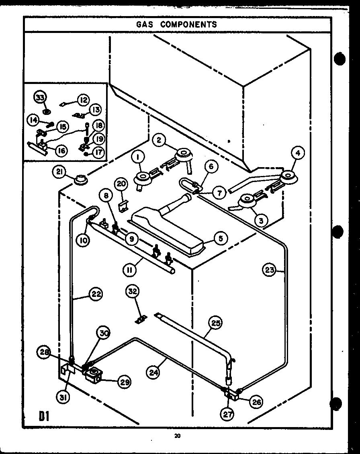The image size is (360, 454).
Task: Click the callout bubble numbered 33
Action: click(x=41, y=97)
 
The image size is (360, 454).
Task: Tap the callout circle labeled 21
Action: click(x=59, y=172)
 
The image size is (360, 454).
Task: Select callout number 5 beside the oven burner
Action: click(x=221, y=238)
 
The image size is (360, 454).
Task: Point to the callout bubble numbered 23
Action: click(x=270, y=270)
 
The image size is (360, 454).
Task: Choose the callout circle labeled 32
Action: click(x=132, y=291)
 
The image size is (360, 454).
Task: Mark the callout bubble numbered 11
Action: click(x=129, y=270)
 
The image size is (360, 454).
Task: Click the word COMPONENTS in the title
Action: click(x=188, y=24)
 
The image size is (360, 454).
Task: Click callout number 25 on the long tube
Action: click(x=216, y=323)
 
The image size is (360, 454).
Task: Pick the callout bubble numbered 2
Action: click(x=160, y=140)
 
